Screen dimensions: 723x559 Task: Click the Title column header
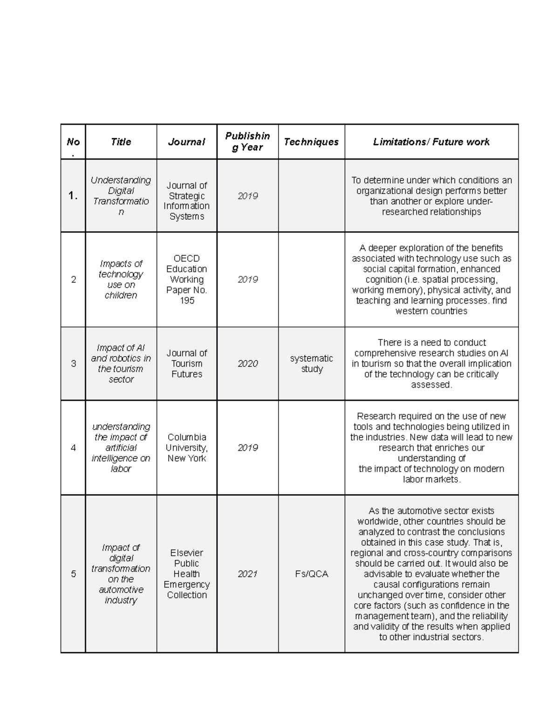121,142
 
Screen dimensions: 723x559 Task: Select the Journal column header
186,142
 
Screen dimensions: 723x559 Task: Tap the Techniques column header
311,142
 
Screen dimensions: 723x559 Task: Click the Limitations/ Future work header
431,142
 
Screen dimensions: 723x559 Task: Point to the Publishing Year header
247,142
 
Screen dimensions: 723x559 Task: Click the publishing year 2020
247,364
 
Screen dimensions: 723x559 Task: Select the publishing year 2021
247,574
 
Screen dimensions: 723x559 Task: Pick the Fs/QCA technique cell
311,574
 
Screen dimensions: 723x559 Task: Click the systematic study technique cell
311,364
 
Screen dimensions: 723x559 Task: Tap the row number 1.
73,196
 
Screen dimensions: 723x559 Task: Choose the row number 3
73,364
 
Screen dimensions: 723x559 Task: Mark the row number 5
73,574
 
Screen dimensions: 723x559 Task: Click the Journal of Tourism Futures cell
186,364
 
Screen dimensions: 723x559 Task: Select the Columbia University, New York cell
186,447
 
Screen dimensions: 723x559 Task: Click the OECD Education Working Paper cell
186,279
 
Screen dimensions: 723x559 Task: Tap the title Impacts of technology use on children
121,279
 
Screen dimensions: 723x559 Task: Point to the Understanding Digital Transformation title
121,196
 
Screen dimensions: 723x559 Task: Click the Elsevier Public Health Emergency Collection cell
186,574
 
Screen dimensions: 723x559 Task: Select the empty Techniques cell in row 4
311,447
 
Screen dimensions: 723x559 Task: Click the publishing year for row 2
247,279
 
